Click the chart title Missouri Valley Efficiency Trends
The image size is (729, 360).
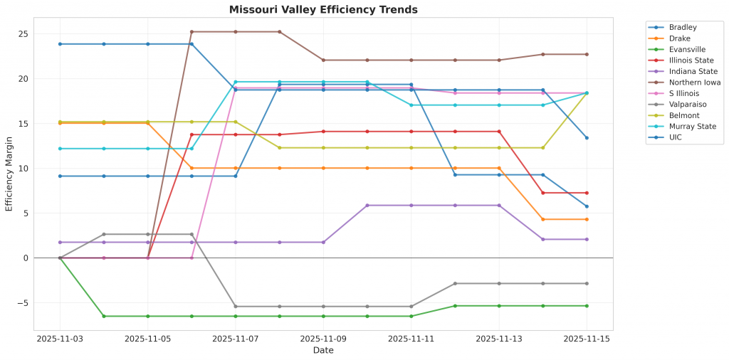[x=323, y=10]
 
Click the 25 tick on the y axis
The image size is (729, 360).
[x=23, y=34]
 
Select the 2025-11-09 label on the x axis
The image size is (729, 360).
[x=323, y=339]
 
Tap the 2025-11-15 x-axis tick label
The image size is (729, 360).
[x=587, y=339]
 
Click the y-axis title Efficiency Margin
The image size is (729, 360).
[x=9, y=174]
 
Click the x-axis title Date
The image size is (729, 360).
[x=323, y=350]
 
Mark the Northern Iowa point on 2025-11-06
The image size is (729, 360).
[x=192, y=31]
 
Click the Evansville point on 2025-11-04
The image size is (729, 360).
[x=104, y=316]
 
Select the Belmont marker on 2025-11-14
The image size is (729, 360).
[x=542, y=148]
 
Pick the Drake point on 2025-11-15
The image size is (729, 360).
[x=587, y=219]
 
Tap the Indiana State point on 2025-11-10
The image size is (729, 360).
[x=367, y=206]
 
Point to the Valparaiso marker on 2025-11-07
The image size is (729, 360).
[x=236, y=307]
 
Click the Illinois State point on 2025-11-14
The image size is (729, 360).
[x=542, y=193]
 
